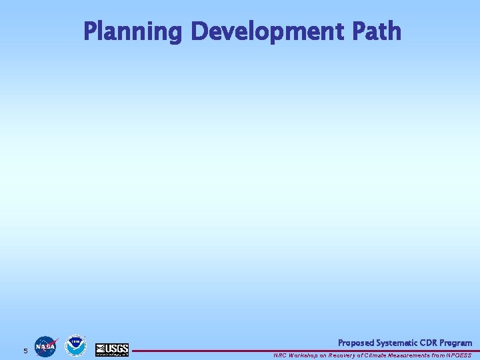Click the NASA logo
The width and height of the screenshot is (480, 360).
[45, 347]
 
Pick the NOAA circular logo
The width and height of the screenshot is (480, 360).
[75, 345]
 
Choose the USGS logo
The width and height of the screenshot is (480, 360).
[112, 349]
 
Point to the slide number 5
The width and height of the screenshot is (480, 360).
[25, 351]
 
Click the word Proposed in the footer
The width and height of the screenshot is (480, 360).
[355, 343]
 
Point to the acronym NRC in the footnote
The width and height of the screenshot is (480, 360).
[279, 355]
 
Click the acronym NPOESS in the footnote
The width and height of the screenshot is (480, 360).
[459, 355]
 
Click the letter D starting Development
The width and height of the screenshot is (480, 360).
[199, 31]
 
